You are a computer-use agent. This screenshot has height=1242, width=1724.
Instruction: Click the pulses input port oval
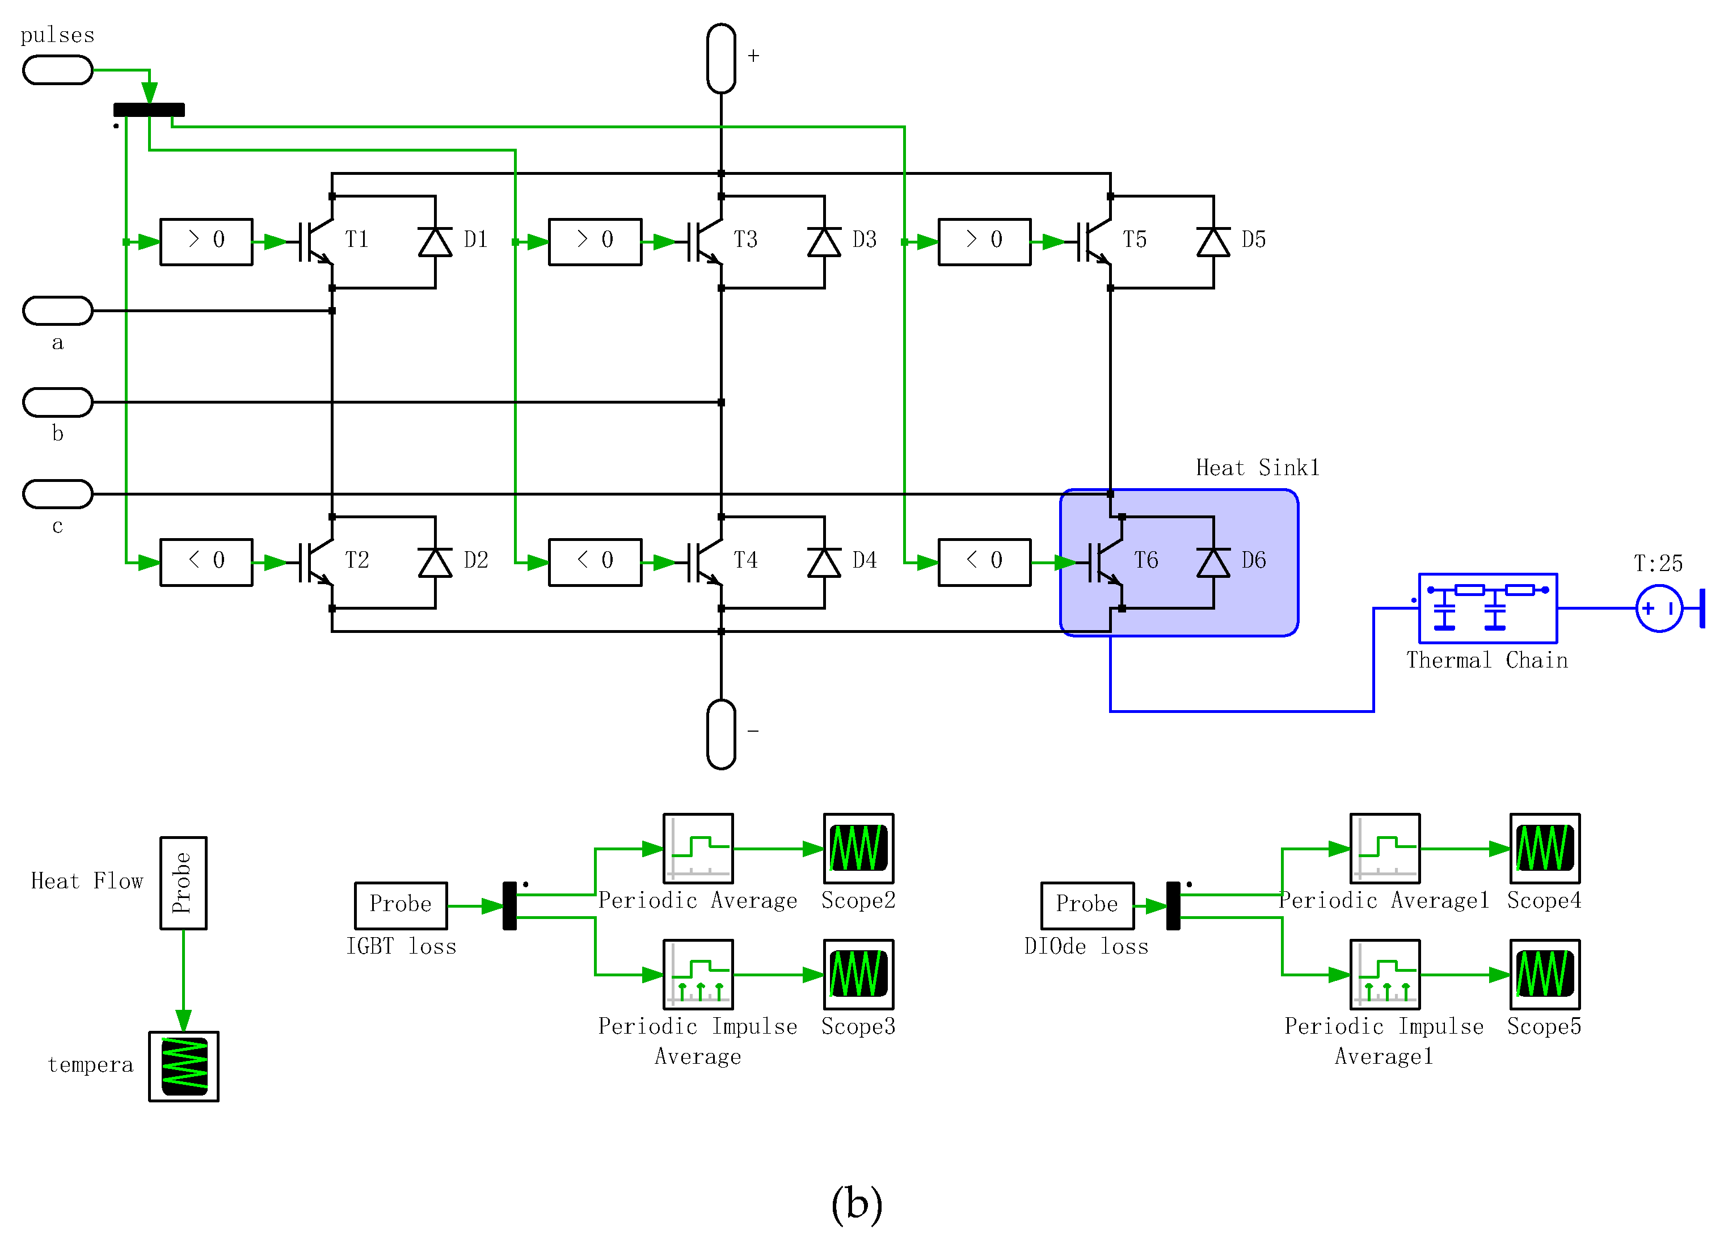(58, 70)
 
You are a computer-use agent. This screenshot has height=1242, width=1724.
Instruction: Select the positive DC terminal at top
(720, 58)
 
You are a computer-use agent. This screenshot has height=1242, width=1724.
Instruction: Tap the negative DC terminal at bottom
(720, 734)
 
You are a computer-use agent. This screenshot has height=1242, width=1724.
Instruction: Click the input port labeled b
(58, 401)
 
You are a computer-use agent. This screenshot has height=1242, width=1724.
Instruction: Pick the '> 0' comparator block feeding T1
(206, 241)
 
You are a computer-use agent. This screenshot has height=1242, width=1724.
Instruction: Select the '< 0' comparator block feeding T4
(595, 562)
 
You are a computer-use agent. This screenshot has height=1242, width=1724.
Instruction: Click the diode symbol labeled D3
(824, 242)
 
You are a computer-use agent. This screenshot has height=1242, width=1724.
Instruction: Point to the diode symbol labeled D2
(435, 562)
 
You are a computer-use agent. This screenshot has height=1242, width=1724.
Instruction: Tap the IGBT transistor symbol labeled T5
(1095, 241)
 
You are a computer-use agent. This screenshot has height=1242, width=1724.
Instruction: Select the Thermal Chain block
(1487, 608)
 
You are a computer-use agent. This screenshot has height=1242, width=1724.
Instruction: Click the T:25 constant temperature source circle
(1659, 608)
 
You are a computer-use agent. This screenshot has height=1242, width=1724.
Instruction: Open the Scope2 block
(858, 848)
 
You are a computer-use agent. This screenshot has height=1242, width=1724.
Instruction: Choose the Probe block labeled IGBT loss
(401, 905)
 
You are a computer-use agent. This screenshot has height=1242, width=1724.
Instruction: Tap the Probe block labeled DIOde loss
(1086, 905)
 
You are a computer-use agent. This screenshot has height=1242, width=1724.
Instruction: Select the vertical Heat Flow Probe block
(183, 882)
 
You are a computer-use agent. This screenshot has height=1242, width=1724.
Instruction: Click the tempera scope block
(183, 1065)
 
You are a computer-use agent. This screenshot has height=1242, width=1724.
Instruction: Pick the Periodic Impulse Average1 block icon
(1384, 974)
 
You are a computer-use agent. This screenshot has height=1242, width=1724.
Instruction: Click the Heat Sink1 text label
(1257, 467)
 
